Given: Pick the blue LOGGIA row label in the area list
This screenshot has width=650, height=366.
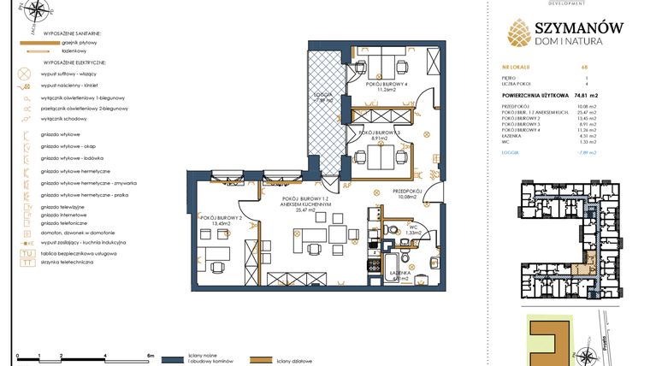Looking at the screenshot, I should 513,153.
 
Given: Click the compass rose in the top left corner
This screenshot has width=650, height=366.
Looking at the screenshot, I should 37,12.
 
